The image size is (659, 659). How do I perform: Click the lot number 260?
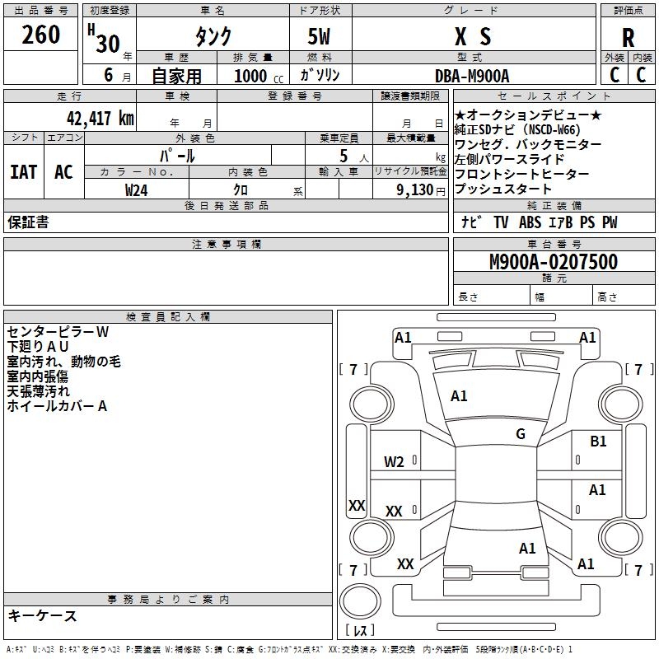click(x=40, y=35)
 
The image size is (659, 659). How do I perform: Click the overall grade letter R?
click(x=628, y=38)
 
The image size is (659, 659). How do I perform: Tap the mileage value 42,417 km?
click(x=100, y=118)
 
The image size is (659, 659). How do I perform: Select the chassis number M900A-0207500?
click(x=554, y=261)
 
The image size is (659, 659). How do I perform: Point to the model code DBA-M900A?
click(x=472, y=76)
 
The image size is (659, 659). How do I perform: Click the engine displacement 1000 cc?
click(x=259, y=76)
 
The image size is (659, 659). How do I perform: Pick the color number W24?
click(x=136, y=190)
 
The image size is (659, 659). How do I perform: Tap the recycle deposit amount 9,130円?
click(x=421, y=190)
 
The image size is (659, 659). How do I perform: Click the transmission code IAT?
click(x=24, y=172)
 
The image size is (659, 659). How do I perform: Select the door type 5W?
click(x=319, y=36)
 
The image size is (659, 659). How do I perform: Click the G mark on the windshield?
click(x=521, y=434)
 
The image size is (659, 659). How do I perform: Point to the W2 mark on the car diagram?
click(x=394, y=462)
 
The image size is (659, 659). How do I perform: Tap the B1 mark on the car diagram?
click(x=598, y=442)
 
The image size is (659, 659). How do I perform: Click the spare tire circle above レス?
click(x=360, y=601)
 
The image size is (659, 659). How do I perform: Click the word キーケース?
click(x=43, y=615)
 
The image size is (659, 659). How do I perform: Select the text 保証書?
click(x=28, y=222)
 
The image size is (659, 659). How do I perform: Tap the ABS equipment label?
click(x=530, y=222)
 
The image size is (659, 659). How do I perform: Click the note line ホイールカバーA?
click(x=57, y=406)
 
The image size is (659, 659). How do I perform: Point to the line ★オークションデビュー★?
click(x=528, y=115)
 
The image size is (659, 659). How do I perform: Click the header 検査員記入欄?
click(x=168, y=317)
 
